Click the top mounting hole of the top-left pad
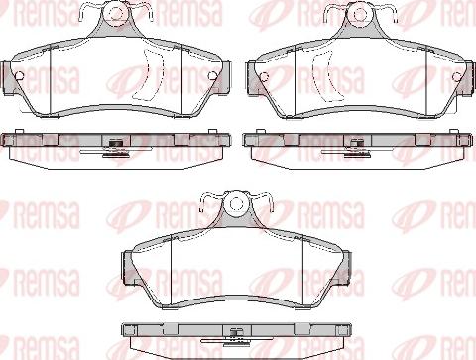tap(116, 15)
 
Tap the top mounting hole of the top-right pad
tap(355, 15)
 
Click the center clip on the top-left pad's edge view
tap(116, 148)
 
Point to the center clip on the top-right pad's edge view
tap(355, 148)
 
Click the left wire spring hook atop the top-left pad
tap(89, 12)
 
